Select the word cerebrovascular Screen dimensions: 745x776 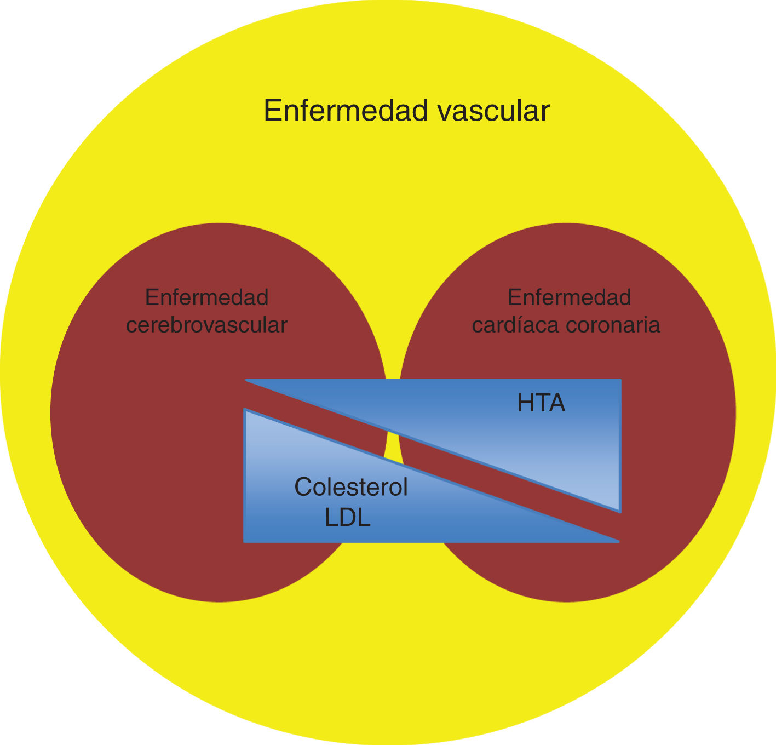[206, 325]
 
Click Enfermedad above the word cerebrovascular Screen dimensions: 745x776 [206, 297]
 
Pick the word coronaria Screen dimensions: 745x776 [613, 325]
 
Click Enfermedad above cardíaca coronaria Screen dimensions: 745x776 [570, 297]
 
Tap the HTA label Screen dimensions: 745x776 [541, 404]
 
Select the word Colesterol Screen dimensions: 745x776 [351, 487]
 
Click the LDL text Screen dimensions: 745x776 [348, 518]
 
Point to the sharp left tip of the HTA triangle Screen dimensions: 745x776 [248, 380]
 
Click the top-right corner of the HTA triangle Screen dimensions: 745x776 [620, 380]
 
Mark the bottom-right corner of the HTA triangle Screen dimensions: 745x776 [619, 511]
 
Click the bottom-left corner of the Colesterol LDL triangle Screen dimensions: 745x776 [245, 541]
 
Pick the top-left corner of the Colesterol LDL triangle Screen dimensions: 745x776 [245, 410]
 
